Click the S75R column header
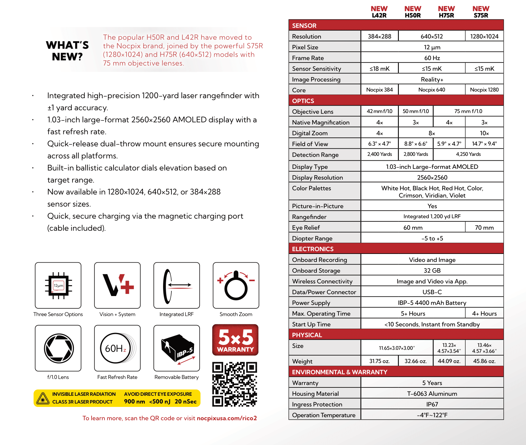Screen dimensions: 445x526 [481, 12]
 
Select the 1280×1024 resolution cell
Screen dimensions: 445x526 [484, 37]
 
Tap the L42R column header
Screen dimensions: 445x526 [379, 12]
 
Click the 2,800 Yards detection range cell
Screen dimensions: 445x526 [416, 154]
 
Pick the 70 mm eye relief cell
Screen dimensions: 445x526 [484, 228]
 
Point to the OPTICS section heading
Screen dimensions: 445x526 [303, 101]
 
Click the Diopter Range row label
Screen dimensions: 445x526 [312, 238]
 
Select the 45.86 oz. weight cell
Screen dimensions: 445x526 [484, 361]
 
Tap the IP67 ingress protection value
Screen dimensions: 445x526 [432, 404]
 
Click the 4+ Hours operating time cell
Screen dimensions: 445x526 [484, 314]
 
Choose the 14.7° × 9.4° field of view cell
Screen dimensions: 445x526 [484, 144]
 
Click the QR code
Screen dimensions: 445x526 [235, 384]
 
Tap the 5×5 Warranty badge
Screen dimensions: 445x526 [235, 340]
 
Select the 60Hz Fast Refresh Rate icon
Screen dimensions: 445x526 [117, 348]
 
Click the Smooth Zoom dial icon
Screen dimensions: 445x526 [236, 286]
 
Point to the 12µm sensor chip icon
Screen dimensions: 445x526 [58, 286]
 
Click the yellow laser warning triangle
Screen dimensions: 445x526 [43, 398]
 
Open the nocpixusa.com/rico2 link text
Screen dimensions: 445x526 [227, 418]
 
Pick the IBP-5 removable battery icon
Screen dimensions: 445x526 [177, 348]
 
